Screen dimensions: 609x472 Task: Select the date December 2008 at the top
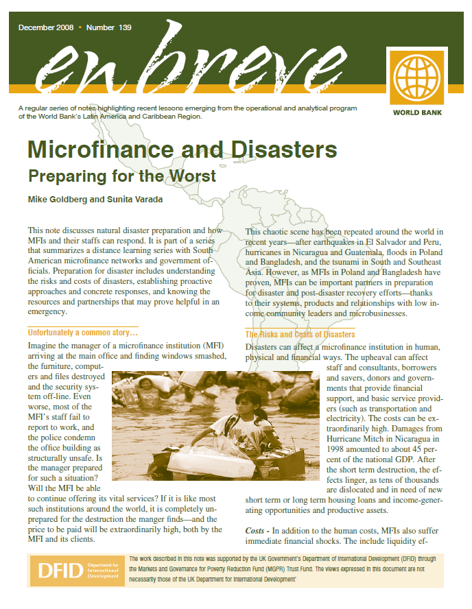(46, 27)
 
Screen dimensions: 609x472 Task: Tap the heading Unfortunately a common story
(82, 333)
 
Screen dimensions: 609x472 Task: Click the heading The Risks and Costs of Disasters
(300, 335)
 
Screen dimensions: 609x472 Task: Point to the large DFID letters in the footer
(58, 571)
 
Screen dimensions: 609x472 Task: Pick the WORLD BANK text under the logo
(417, 112)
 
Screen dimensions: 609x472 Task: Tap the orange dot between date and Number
(80, 27)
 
